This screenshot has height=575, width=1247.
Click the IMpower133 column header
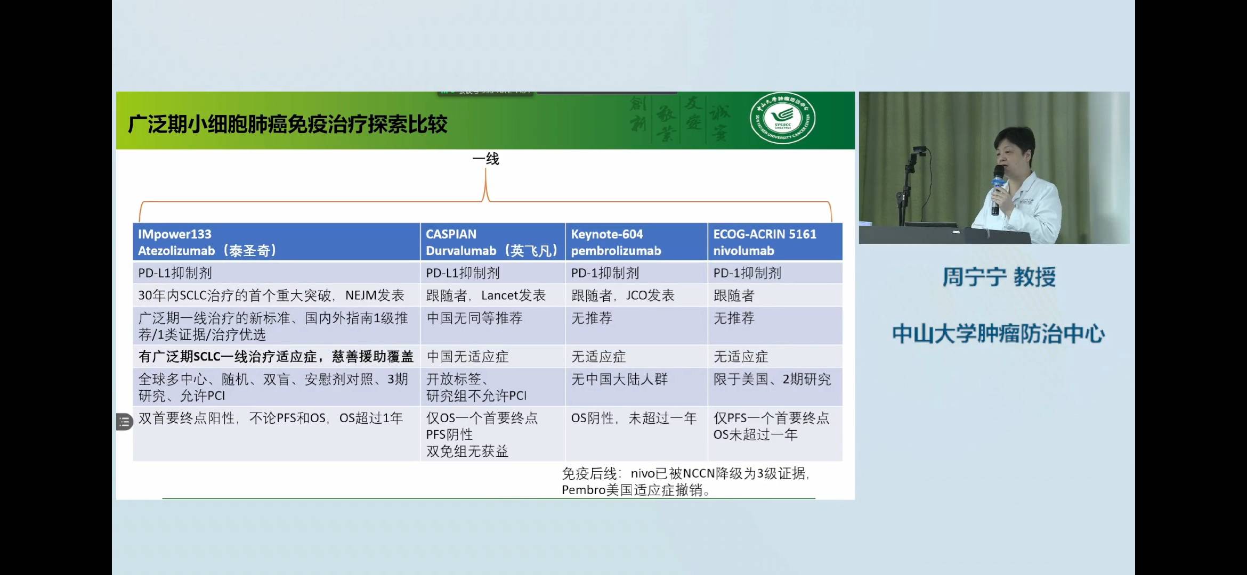click(x=276, y=242)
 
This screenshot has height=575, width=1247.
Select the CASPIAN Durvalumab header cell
click(x=492, y=242)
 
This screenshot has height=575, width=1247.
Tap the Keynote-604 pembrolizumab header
click(x=636, y=242)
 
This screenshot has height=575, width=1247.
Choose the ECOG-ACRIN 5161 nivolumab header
click(x=774, y=242)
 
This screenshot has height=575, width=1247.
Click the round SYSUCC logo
click(x=782, y=119)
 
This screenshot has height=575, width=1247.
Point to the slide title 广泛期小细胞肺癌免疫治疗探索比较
click(x=288, y=125)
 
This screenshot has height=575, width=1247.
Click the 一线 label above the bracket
click(x=485, y=159)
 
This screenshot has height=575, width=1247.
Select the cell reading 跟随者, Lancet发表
click(x=485, y=295)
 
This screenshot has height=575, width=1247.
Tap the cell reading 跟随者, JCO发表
click(x=622, y=295)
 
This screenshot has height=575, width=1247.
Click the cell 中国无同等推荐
click(x=474, y=318)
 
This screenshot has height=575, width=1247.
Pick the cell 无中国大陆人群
click(x=619, y=380)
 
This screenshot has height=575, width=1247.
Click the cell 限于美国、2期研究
click(x=772, y=380)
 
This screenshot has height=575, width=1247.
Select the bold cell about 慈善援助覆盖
click(x=276, y=357)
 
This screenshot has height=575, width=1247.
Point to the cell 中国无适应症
click(x=467, y=357)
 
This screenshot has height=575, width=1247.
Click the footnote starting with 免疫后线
click(x=685, y=481)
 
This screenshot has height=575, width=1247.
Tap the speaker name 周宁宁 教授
click(x=999, y=277)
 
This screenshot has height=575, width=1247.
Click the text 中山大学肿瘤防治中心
click(x=998, y=334)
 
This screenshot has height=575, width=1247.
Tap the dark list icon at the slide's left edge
click(x=124, y=422)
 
